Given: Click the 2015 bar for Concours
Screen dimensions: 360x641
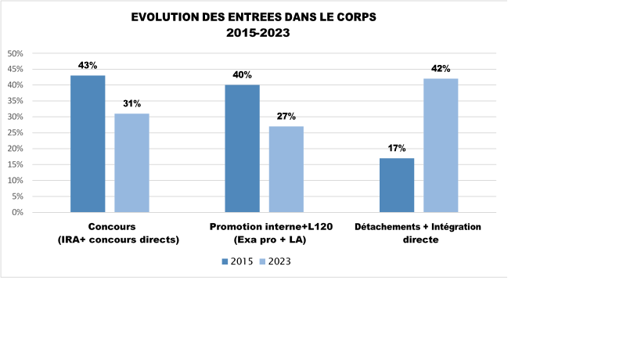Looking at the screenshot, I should (88, 143).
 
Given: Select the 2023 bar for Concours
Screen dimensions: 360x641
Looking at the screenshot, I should (131, 163).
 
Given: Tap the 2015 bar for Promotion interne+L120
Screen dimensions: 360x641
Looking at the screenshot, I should (242, 148).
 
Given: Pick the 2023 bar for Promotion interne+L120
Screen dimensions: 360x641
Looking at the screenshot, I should (286, 169).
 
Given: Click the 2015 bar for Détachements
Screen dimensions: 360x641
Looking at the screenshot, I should (397, 185).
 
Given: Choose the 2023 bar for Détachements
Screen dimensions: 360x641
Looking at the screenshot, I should (441, 145).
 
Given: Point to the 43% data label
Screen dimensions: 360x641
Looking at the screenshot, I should (88, 65).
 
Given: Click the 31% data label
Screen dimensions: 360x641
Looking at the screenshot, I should (131, 103).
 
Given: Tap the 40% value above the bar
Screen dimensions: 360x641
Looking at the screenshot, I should (242, 75).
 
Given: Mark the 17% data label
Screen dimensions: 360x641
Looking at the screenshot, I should (397, 148).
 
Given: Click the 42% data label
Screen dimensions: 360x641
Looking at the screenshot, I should (441, 69).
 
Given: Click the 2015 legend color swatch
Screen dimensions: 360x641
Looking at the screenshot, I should (225, 261).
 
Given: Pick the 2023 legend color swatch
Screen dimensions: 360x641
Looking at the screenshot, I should (262, 261).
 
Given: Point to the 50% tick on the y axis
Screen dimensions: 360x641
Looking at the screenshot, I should (16, 53).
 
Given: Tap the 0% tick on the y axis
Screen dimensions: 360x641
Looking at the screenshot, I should (18, 212).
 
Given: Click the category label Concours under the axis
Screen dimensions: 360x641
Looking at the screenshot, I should (118, 227).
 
